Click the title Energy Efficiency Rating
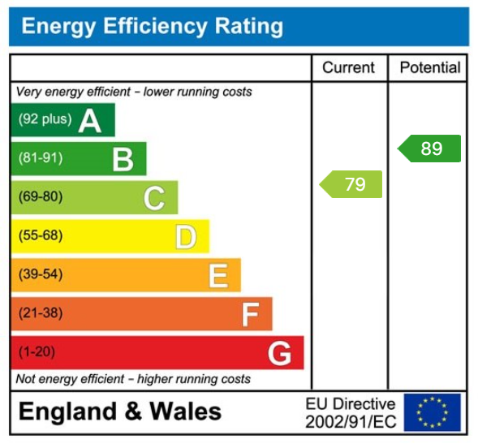pyautogui.click(x=152, y=27)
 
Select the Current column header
pyautogui.click(x=349, y=68)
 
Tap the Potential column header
pyautogui.click(x=429, y=68)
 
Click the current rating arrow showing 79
pyautogui.click(x=351, y=184)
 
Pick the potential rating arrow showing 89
pyautogui.click(x=429, y=149)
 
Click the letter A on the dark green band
pyautogui.click(x=90, y=121)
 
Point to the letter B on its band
pyautogui.click(x=123, y=159)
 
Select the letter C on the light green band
pyautogui.click(x=154, y=198)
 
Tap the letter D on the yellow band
pyautogui.click(x=186, y=237)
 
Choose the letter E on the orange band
pyautogui.click(x=217, y=276)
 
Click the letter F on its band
pyautogui.click(x=250, y=314)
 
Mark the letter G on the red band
pyautogui.click(x=279, y=353)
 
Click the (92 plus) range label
pyautogui.click(x=45, y=119)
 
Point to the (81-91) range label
pyautogui.click(x=41, y=158)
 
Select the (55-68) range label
pyautogui.click(x=41, y=236)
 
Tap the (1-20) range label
pyautogui.click(x=37, y=352)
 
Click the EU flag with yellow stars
pyautogui.click(x=432, y=412)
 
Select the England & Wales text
pyautogui.click(x=119, y=411)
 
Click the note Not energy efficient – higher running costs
pyautogui.click(x=133, y=379)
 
